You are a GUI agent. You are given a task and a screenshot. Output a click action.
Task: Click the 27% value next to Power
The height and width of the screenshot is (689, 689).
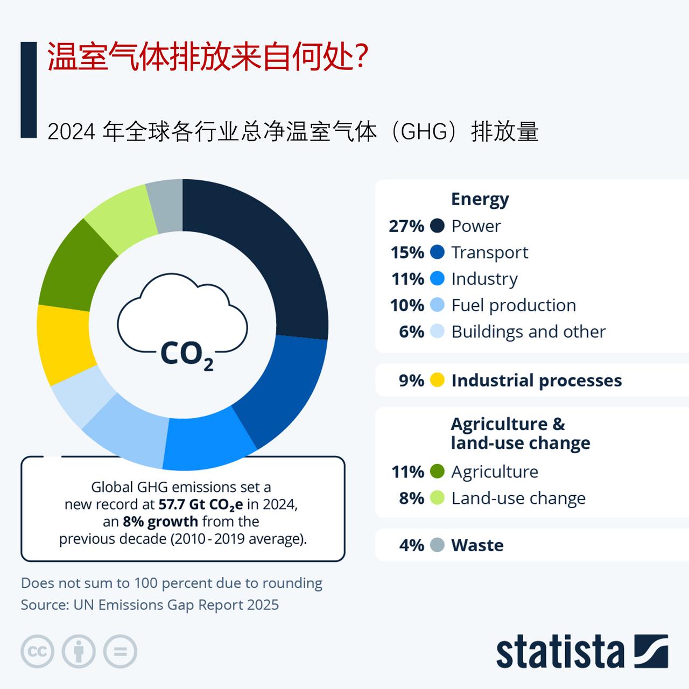tap(406, 226)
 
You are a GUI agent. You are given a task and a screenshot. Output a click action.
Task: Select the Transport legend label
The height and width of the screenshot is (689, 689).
tap(489, 252)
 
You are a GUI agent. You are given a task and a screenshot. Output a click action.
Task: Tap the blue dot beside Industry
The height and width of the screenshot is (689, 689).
tap(437, 279)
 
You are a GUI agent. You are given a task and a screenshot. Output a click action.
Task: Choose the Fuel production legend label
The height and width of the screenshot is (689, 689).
tap(514, 305)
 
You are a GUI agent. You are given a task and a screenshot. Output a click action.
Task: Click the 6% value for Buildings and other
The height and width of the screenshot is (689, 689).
tap(411, 332)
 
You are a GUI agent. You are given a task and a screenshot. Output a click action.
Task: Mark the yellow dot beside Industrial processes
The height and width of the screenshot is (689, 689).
tap(437, 381)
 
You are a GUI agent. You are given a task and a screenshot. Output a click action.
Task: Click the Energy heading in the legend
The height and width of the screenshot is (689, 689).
tap(480, 199)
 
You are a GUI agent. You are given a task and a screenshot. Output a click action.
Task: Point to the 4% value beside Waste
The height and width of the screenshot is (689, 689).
tap(411, 545)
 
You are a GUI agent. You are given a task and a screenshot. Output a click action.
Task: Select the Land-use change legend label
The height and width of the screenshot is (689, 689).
tap(518, 498)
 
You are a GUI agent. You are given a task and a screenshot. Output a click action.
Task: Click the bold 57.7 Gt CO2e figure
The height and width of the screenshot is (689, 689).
tap(201, 504)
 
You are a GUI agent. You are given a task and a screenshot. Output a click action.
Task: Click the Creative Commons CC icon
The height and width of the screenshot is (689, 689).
tap(37, 652)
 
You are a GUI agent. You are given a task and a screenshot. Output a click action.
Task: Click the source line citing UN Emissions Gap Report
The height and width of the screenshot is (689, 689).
tap(150, 605)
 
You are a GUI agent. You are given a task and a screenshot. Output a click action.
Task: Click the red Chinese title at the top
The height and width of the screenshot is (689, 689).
tap(208, 57)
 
